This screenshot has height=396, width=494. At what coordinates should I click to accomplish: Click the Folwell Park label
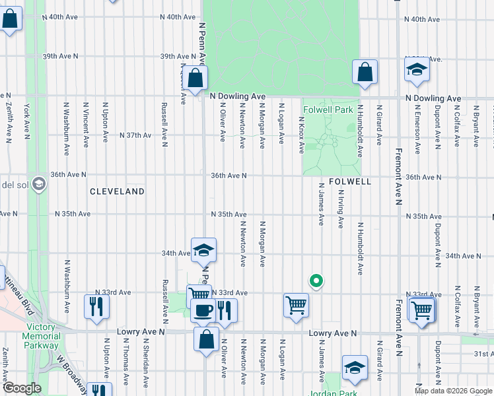point(328,110)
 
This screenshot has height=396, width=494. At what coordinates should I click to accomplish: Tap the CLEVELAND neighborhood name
point(118,191)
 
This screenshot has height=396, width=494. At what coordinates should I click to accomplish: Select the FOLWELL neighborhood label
point(347,181)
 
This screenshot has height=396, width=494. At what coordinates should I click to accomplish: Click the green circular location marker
point(316,280)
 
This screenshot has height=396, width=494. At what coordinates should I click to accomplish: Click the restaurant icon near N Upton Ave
point(96,306)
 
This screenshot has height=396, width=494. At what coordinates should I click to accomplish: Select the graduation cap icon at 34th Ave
point(203,250)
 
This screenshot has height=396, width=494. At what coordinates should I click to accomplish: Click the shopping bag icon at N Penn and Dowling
point(196,79)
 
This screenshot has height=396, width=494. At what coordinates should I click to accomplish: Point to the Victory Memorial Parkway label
point(42,336)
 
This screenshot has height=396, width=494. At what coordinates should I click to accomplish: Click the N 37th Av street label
point(135,135)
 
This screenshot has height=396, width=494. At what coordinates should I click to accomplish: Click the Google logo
point(22,388)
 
